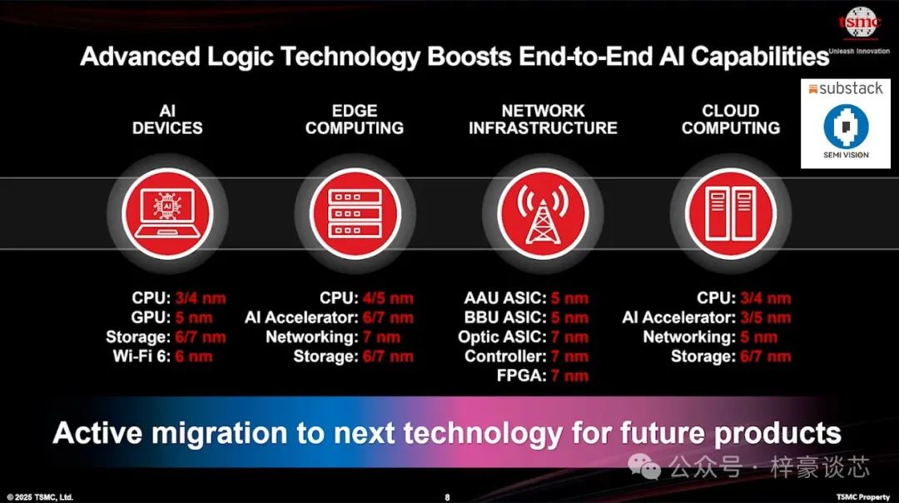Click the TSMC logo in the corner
[859, 23]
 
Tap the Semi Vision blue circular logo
[846, 127]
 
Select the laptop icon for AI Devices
[166, 213]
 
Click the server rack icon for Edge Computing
[355, 213]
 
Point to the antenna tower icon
[543, 213]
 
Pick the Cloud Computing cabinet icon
[731, 213]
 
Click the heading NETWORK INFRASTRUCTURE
[543, 119]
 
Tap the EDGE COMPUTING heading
[355, 119]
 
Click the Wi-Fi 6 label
[142, 356]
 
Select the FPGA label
[521, 376]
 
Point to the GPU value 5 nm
[194, 318]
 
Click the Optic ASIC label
[502, 337]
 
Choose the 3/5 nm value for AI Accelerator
[766, 318]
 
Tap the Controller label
[505, 356]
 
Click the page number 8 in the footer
[447, 497]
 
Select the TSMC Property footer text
[862, 497]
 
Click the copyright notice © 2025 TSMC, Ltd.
[40, 497]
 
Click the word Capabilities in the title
[760, 57]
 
